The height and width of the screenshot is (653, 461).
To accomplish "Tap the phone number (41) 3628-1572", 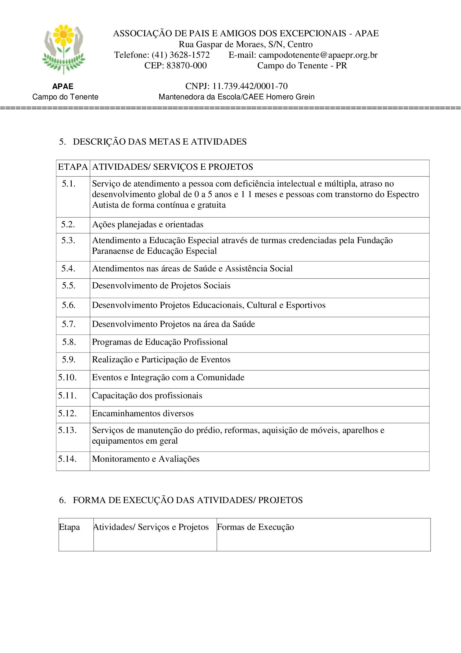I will click(181, 55).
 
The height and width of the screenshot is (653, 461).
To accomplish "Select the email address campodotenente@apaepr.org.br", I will click(318, 55).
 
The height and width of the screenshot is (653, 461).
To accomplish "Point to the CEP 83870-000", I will click(186, 66).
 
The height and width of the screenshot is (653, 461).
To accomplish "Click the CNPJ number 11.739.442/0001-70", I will click(250, 86).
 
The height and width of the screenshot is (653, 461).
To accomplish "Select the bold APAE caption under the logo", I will click(63, 86).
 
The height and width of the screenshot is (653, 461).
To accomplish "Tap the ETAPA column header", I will click(73, 167).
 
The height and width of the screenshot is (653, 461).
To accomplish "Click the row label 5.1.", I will click(69, 184).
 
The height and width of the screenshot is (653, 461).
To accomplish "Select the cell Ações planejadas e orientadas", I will click(148, 224).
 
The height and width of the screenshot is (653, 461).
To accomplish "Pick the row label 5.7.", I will click(69, 324).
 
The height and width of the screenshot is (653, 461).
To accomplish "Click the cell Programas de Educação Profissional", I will click(160, 342).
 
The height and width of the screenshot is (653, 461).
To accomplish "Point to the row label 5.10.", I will click(67, 377).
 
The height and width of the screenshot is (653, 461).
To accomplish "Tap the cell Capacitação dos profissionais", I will click(147, 396).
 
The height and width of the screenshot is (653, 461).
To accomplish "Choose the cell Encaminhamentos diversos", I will click(143, 413).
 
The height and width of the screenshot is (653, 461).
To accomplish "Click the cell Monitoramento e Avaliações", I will click(145, 459).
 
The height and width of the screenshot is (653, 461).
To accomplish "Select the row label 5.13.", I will click(67, 430).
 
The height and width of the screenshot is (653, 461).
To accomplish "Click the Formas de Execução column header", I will click(255, 527).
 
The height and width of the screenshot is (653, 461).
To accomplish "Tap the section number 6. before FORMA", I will click(62, 500).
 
